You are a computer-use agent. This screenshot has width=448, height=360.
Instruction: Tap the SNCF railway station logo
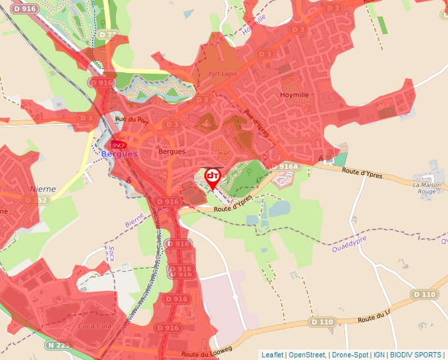119,144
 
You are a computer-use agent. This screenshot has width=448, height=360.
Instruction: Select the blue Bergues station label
119,154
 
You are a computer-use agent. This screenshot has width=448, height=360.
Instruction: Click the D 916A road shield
285,167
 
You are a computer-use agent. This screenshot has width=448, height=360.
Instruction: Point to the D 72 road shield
107,34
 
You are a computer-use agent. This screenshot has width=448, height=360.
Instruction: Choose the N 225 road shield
59,344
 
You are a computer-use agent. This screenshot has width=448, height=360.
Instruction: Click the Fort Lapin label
222,74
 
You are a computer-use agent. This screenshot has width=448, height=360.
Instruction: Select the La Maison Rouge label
426,189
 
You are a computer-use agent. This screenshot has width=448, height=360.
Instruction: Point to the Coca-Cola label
94,326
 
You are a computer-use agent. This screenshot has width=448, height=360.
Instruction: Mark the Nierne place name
43,189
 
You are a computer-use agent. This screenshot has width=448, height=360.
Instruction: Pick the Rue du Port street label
132,119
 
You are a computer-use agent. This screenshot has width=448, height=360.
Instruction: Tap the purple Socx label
111,253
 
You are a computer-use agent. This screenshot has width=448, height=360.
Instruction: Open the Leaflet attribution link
272,355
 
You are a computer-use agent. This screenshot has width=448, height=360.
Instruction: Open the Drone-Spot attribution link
350,355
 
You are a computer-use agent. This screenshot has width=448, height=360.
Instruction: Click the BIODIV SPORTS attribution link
415,355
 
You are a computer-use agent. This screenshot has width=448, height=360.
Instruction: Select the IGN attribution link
379,355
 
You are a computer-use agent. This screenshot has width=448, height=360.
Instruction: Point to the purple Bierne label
134,219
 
